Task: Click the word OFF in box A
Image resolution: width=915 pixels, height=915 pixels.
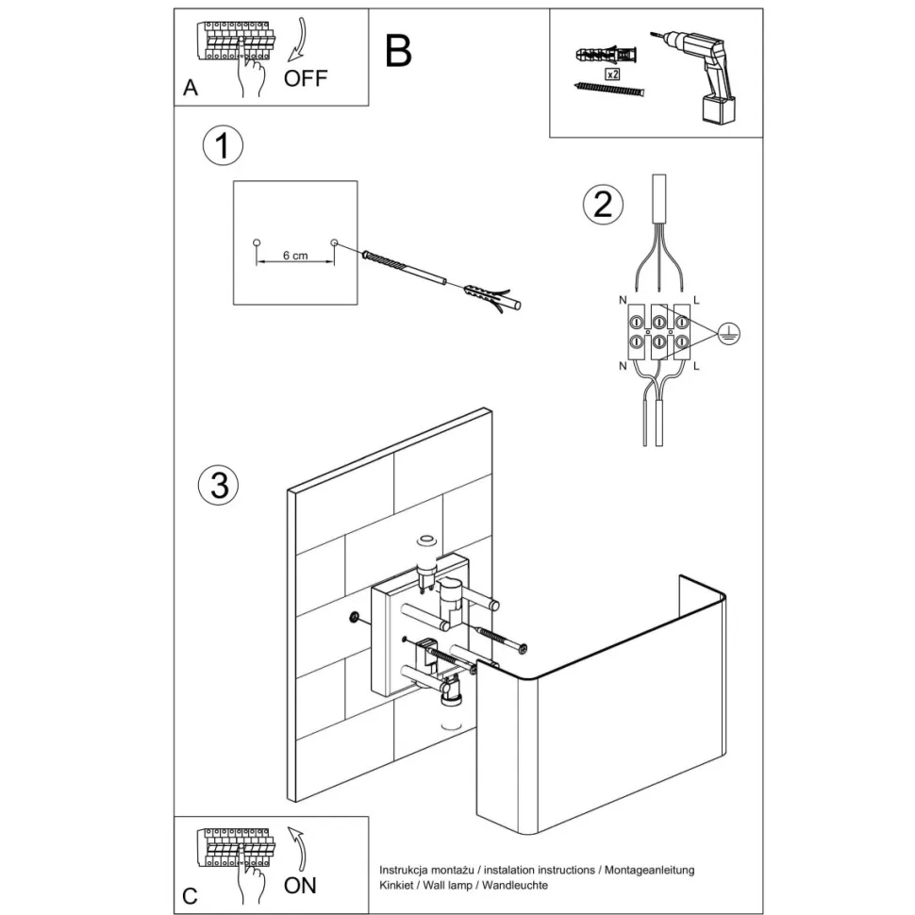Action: [306, 78]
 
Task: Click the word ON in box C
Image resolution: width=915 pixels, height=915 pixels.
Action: [300, 885]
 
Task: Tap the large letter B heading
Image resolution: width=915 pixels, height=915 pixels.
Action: [399, 51]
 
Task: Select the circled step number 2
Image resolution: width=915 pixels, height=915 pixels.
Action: [603, 205]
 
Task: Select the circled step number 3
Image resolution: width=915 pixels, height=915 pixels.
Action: [218, 485]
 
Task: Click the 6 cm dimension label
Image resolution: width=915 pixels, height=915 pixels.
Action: [295, 257]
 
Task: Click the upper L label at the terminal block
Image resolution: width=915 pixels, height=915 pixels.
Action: [696, 300]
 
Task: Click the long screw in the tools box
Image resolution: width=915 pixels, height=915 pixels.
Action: [609, 90]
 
